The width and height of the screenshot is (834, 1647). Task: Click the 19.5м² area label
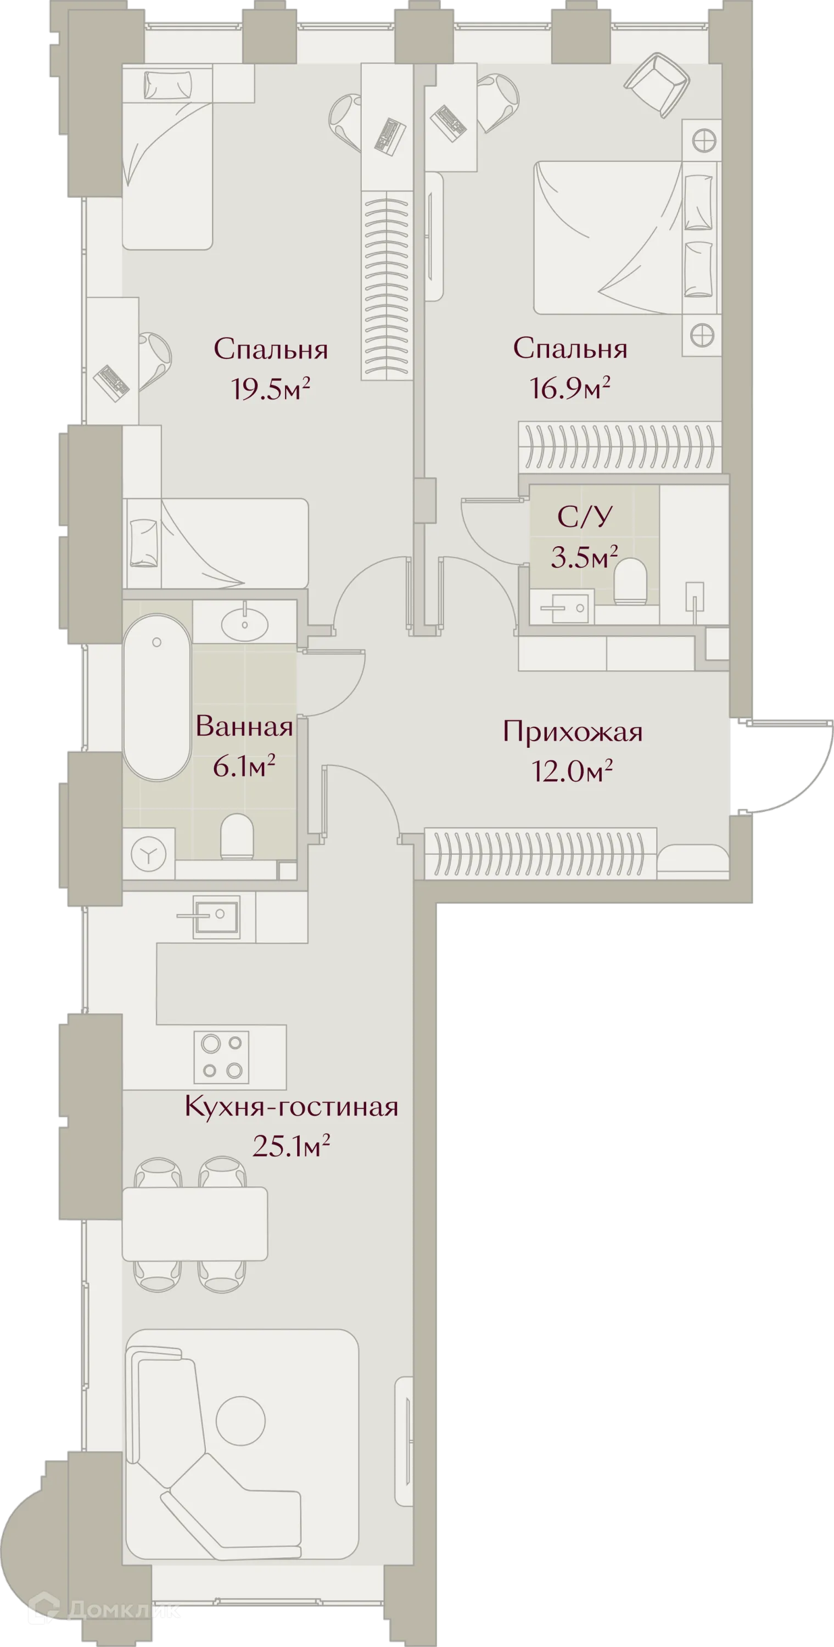(x=271, y=388)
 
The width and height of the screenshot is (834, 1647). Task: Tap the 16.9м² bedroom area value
(x=569, y=388)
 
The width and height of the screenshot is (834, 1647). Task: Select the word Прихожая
(x=573, y=732)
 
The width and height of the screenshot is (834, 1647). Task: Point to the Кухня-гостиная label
(x=291, y=1107)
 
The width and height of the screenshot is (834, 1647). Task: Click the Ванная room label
(x=244, y=727)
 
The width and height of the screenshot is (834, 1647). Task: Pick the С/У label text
(x=585, y=517)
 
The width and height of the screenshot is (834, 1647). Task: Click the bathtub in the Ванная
(x=156, y=697)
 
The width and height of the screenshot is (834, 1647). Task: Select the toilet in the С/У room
(x=631, y=582)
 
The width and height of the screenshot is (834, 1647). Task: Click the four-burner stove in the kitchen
(x=221, y=1057)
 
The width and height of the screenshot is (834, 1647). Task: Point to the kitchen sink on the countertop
(x=216, y=916)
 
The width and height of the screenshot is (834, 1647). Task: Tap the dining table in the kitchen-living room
(x=194, y=1223)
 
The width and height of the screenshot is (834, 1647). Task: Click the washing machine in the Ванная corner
(x=149, y=853)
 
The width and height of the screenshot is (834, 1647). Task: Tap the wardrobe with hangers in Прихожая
(x=540, y=853)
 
